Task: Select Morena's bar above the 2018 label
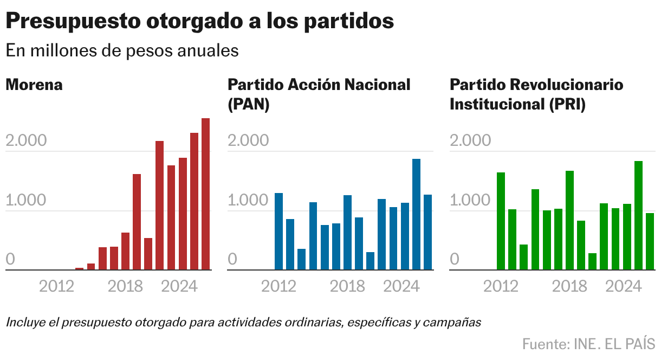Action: click(125, 251)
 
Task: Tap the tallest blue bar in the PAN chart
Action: click(416, 214)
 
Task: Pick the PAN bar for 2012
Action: click(278, 232)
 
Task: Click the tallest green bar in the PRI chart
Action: click(638, 215)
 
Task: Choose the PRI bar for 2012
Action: click(501, 221)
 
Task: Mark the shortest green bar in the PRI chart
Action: click(592, 261)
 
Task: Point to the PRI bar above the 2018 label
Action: click(569, 220)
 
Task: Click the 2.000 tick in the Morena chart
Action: click(26, 141)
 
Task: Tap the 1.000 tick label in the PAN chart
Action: click(248, 201)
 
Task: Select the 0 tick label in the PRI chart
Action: click(455, 259)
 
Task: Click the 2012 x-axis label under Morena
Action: click(56, 286)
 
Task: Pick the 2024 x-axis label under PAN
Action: click(401, 286)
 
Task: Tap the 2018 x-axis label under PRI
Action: click(569, 286)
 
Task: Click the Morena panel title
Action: click(34, 85)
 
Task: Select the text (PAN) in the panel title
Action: click(249, 104)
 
